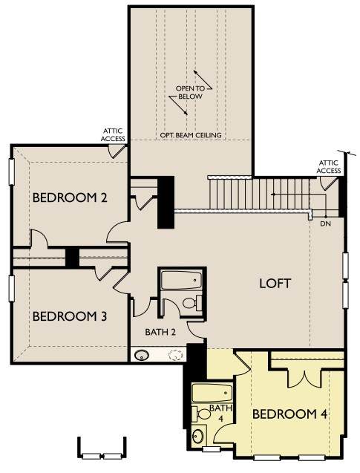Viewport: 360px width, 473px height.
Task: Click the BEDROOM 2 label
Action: [70, 198]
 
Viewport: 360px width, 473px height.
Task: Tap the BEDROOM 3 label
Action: [70, 316]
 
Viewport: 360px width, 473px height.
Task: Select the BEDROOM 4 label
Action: [289, 414]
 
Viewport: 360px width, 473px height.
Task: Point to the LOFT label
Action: [275, 284]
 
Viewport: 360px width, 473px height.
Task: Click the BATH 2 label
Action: [160, 332]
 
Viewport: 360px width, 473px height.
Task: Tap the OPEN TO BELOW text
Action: [190, 92]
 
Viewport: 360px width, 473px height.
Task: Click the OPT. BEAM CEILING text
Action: [191, 135]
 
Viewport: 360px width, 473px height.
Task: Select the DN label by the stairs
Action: [326, 224]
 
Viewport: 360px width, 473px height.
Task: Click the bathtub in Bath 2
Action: [181, 280]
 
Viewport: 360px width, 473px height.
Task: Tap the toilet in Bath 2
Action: [192, 302]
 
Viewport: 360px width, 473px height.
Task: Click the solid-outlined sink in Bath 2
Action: [141, 355]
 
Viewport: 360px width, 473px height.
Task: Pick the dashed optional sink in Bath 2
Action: [175, 355]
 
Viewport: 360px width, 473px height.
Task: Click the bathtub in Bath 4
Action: [212, 393]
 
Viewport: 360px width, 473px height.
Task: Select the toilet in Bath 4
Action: [201, 414]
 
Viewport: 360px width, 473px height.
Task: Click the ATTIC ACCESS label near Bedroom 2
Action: [113, 135]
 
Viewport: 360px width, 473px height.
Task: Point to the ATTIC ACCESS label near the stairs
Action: [329, 167]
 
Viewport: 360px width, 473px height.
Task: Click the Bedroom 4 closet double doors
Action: [305, 378]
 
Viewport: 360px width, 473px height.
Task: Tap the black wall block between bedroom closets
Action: [72, 258]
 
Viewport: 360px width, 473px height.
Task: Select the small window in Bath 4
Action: [212, 449]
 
